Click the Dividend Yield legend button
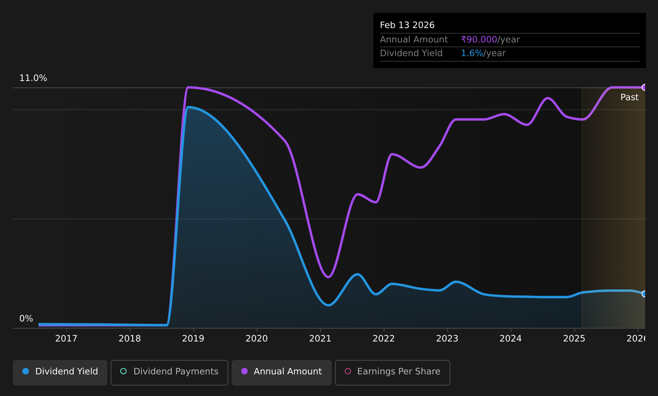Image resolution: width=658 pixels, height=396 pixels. click(60, 372)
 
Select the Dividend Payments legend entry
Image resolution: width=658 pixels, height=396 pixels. click(170, 372)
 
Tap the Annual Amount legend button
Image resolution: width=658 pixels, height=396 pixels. click(282, 372)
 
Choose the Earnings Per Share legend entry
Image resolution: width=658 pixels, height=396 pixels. click(393, 372)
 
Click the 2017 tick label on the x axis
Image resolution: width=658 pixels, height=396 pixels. click(67, 339)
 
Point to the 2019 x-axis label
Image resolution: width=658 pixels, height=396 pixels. click(193, 339)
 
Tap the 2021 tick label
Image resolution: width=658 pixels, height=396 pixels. click(320, 339)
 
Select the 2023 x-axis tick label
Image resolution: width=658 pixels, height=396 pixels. click(447, 339)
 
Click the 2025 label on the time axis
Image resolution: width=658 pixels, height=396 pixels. click(574, 339)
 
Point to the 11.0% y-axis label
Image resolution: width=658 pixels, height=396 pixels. click(33, 78)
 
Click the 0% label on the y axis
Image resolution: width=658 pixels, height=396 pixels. click(26, 319)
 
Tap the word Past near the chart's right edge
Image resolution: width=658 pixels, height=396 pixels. click(629, 97)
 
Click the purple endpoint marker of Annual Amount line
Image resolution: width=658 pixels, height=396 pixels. click(644, 87)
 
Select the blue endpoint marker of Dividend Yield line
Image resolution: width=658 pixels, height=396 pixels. click(644, 294)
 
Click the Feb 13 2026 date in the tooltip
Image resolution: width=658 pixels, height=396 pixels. click(407, 25)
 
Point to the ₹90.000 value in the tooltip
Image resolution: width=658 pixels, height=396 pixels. click(479, 40)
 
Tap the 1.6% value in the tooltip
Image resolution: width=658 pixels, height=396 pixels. click(472, 53)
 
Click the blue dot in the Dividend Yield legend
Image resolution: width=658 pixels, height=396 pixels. click(26, 371)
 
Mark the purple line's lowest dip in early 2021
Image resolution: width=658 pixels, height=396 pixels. click(328, 277)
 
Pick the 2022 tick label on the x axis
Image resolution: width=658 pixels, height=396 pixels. click(383, 339)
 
